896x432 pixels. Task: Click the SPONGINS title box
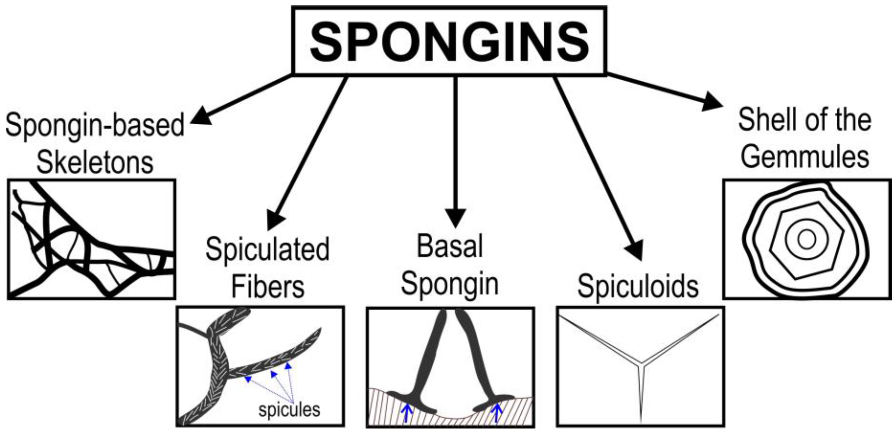coord(449,41)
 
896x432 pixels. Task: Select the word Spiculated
coord(267,249)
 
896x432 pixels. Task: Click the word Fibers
coord(268,287)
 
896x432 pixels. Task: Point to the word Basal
coord(450,246)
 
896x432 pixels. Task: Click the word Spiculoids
coord(638,286)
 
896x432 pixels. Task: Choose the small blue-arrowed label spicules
coord(289,409)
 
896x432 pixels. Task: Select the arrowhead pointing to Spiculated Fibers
coord(275,220)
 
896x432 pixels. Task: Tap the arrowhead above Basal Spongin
coord(455,217)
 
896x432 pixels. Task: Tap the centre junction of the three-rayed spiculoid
coord(640,365)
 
